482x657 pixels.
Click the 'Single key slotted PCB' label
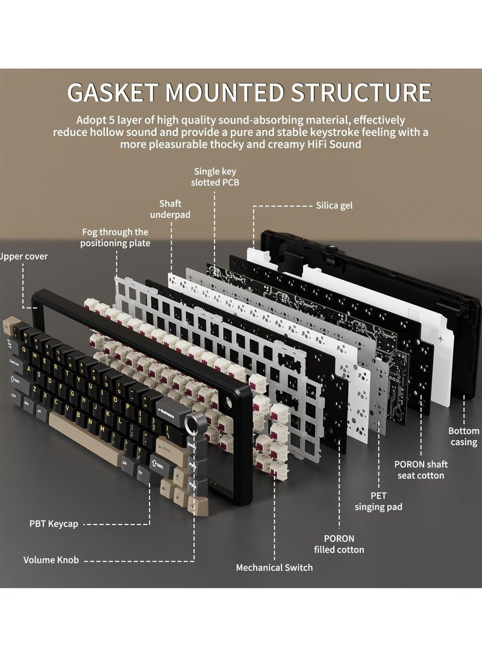(x=215, y=176)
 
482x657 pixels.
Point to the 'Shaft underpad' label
(x=171, y=208)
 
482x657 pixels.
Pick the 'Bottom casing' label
(x=463, y=437)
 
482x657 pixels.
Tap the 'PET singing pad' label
(x=378, y=501)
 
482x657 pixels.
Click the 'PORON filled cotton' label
(x=339, y=544)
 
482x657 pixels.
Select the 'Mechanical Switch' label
(x=274, y=567)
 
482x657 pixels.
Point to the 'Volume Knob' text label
(x=51, y=560)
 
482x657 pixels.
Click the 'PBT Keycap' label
(x=52, y=524)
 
